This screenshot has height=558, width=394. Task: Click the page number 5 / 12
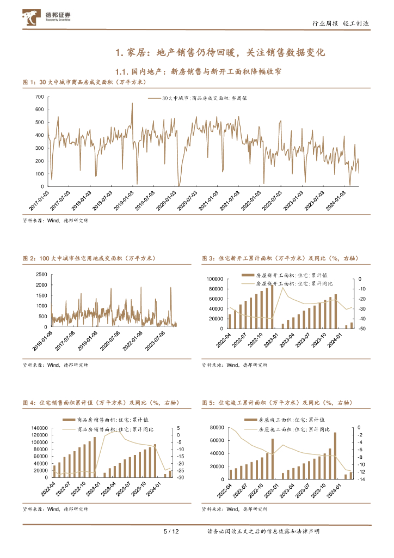point(171,531)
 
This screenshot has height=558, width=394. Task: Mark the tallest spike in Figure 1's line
point(132,104)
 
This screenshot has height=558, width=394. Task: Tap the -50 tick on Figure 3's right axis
point(361,329)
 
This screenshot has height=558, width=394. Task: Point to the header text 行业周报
point(325,23)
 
